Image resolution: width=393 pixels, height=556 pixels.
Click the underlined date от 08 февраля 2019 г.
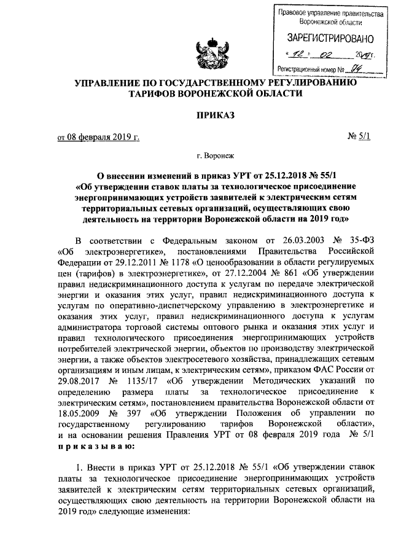click(98, 136)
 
